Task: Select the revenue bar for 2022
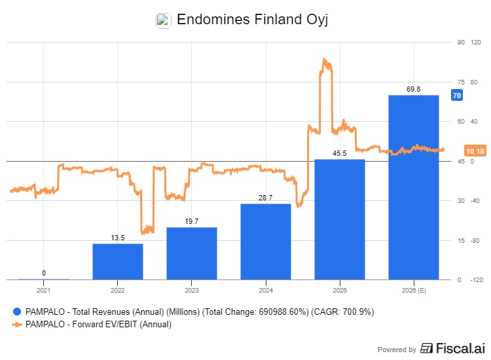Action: click(118, 262)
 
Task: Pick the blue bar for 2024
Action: click(266, 242)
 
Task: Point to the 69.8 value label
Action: click(413, 89)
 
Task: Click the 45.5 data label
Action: click(340, 153)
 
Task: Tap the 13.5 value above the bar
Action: click(118, 238)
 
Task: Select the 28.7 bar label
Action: click(266, 198)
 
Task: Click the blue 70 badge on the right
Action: click(457, 96)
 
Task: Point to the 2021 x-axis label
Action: click(43, 289)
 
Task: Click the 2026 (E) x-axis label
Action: click(414, 289)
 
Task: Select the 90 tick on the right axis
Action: click(461, 43)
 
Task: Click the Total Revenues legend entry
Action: click(196, 312)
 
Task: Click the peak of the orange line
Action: click(324, 59)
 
